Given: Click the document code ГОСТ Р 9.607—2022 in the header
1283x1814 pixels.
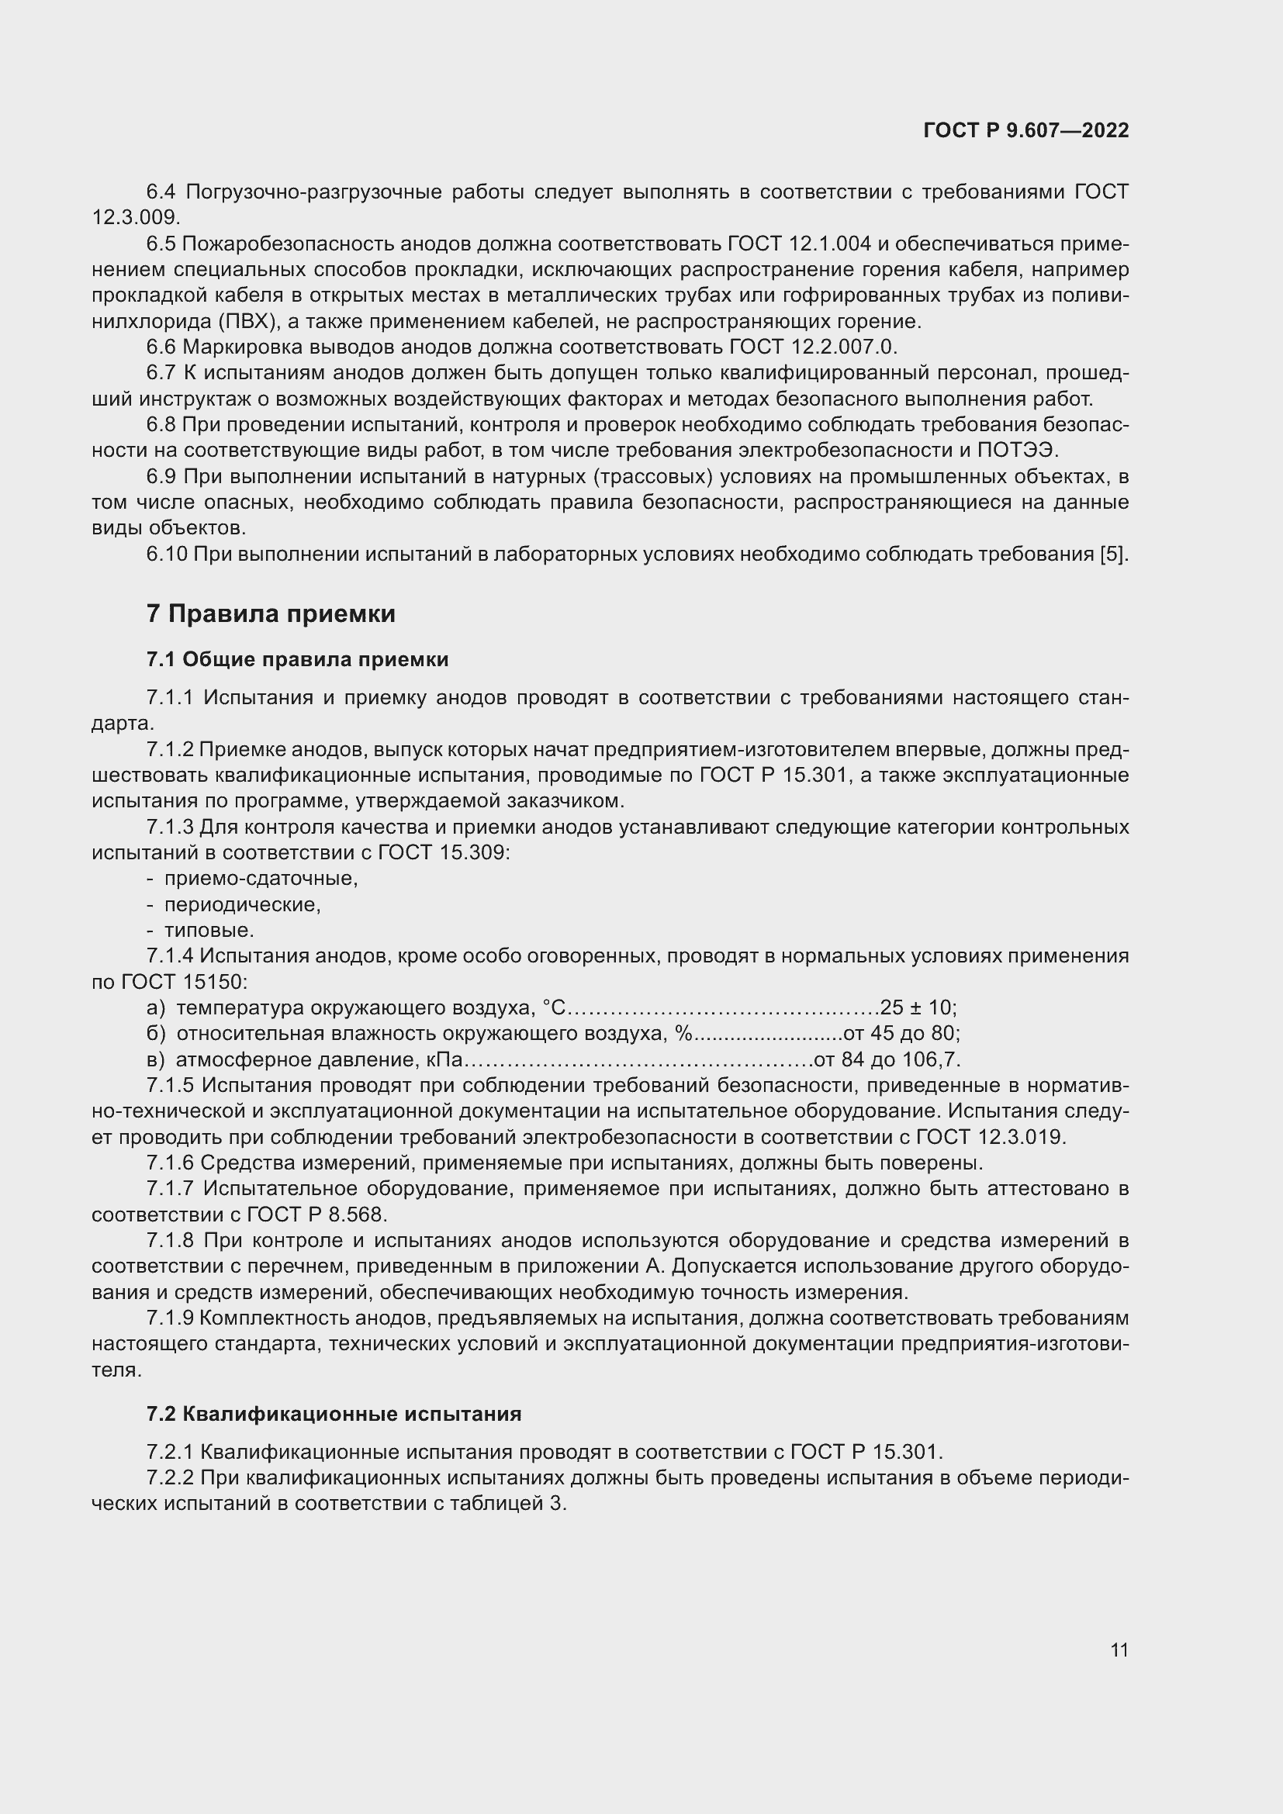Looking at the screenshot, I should (1025, 131).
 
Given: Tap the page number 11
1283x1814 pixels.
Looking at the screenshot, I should (1119, 1650).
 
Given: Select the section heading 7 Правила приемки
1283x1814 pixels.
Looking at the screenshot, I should (271, 614).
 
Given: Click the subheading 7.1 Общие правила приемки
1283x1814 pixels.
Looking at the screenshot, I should (297, 659).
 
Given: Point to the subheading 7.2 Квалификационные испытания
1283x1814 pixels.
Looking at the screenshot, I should (334, 1414).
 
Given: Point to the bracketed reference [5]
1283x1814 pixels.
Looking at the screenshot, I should (1112, 554).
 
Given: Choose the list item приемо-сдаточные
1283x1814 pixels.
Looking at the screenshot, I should (261, 878).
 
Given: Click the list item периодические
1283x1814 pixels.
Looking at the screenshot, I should (243, 904).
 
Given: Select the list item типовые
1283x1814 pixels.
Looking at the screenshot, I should (209, 930).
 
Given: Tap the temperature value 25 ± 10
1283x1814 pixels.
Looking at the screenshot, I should (916, 1007).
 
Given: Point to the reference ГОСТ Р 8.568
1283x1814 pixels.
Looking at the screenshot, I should (316, 1215).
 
